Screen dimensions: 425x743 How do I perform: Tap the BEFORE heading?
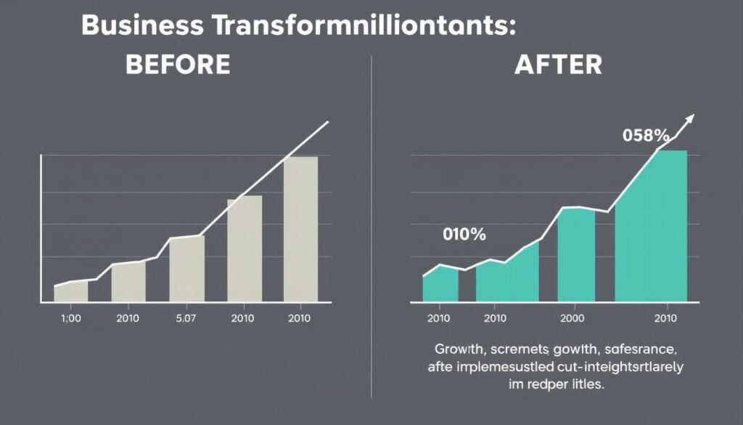click(x=178, y=65)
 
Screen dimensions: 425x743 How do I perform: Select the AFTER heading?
click(x=558, y=65)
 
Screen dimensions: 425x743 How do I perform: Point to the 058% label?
click(x=645, y=135)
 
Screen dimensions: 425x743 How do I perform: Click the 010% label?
click(x=464, y=235)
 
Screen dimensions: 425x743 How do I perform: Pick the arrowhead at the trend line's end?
click(x=690, y=118)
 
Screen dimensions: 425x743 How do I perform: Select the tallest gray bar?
click(x=300, y=229)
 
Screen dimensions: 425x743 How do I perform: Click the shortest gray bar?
click(x=70, y=291)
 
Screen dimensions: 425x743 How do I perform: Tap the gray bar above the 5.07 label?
click(x=186, y=268)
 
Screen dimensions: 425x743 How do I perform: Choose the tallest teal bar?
click(x=650, y=226)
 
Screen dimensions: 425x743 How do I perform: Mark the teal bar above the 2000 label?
click(x=576, y=254)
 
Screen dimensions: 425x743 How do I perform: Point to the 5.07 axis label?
click(x=186, y=318)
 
